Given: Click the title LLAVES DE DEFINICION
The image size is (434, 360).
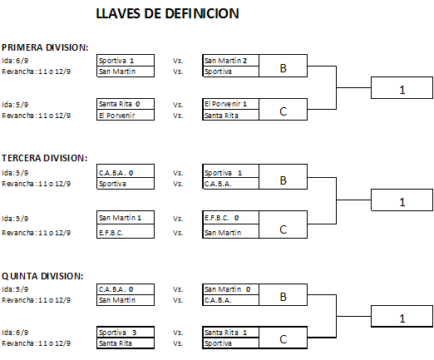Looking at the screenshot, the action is (x=167, y=13).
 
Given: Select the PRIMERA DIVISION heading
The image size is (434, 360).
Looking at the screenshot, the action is (x=45, y=47).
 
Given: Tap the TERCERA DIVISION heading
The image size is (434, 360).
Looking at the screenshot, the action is (x=45, y=158).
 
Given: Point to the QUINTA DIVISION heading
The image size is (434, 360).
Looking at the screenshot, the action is (x=42, y=276).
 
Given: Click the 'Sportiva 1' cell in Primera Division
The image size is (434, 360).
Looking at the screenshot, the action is (x=126, y=61).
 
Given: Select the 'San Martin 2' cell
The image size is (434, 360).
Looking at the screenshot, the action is (x=230, y=61).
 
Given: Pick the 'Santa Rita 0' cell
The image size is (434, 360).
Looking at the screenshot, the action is (x=126, y=104).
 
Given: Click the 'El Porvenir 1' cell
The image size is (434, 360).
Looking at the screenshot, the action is (x=230, y=104).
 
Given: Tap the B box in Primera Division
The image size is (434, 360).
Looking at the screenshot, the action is (x=283, y=66).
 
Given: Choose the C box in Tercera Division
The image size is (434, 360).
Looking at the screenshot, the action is (x=283, y=224).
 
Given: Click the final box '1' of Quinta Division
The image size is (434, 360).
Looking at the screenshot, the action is (x=402, y=316).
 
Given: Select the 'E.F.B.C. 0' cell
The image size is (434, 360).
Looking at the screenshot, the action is (x=230, y=218).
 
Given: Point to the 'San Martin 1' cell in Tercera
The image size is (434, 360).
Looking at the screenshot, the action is (x=126, y=218).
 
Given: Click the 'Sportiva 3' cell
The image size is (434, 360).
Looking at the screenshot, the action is (x=126, y=333).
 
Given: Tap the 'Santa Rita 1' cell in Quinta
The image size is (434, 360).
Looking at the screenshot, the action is (x=230, y=333).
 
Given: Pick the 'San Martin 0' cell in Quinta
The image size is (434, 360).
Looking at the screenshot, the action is (x=230, y=289).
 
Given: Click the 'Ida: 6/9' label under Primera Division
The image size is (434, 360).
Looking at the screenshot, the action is (x=15, y=61).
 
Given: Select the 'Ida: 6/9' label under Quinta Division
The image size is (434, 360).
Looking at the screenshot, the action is (x=15, y=333).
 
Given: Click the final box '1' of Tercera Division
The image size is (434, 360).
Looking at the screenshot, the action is (x=402, y=200).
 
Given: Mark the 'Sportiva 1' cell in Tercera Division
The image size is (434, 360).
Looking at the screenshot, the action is (x=230, y=173).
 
